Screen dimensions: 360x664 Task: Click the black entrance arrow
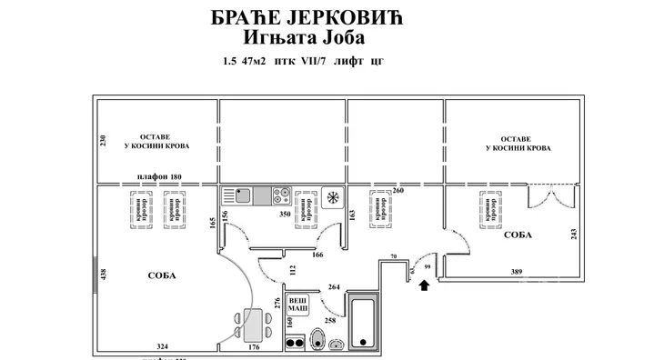[x=424, y=286]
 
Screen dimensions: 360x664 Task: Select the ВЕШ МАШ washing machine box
[x=297, y=305]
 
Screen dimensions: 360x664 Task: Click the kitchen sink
[x=243, y=195]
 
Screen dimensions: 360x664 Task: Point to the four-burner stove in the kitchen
[x=281, y=195]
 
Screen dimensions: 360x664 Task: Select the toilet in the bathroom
[x=317, y=339]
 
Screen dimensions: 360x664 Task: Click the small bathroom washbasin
[x=337, y=345]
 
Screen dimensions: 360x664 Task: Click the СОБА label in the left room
[x=161, y=275]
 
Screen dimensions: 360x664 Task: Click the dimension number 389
[x=517, y=272]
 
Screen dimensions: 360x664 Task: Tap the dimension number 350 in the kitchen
[x=284, y=215]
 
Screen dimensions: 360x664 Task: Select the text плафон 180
[x=159, y=176]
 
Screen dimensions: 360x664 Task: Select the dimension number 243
[x=572, y=234]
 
